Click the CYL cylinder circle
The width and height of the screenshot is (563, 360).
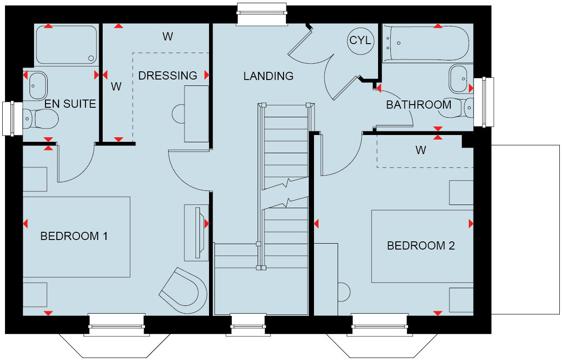click(360, 40)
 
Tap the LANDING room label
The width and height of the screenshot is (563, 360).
click(268, 76)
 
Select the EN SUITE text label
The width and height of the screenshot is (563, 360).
click(70, 104)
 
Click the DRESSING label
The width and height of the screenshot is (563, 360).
click(168, 75)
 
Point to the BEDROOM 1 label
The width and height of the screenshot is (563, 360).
click(74, 236)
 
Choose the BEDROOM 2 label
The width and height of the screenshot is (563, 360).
click(420, 246)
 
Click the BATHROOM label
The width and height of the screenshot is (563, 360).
click(419, 105)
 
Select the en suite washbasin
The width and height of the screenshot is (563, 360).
click(37, 84)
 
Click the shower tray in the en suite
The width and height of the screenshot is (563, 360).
click(66, 45)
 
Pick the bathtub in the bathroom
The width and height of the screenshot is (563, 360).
click(426, 43)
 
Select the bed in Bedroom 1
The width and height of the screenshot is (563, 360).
click(76, 237)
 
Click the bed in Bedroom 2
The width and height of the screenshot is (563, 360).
click(422, 246)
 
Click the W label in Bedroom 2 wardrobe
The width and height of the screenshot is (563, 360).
click(420, 150)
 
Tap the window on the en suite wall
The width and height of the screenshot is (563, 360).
click(11, 119)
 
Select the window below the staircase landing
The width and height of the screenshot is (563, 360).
click(248, 325)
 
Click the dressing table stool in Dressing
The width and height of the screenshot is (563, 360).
click(178, 113)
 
